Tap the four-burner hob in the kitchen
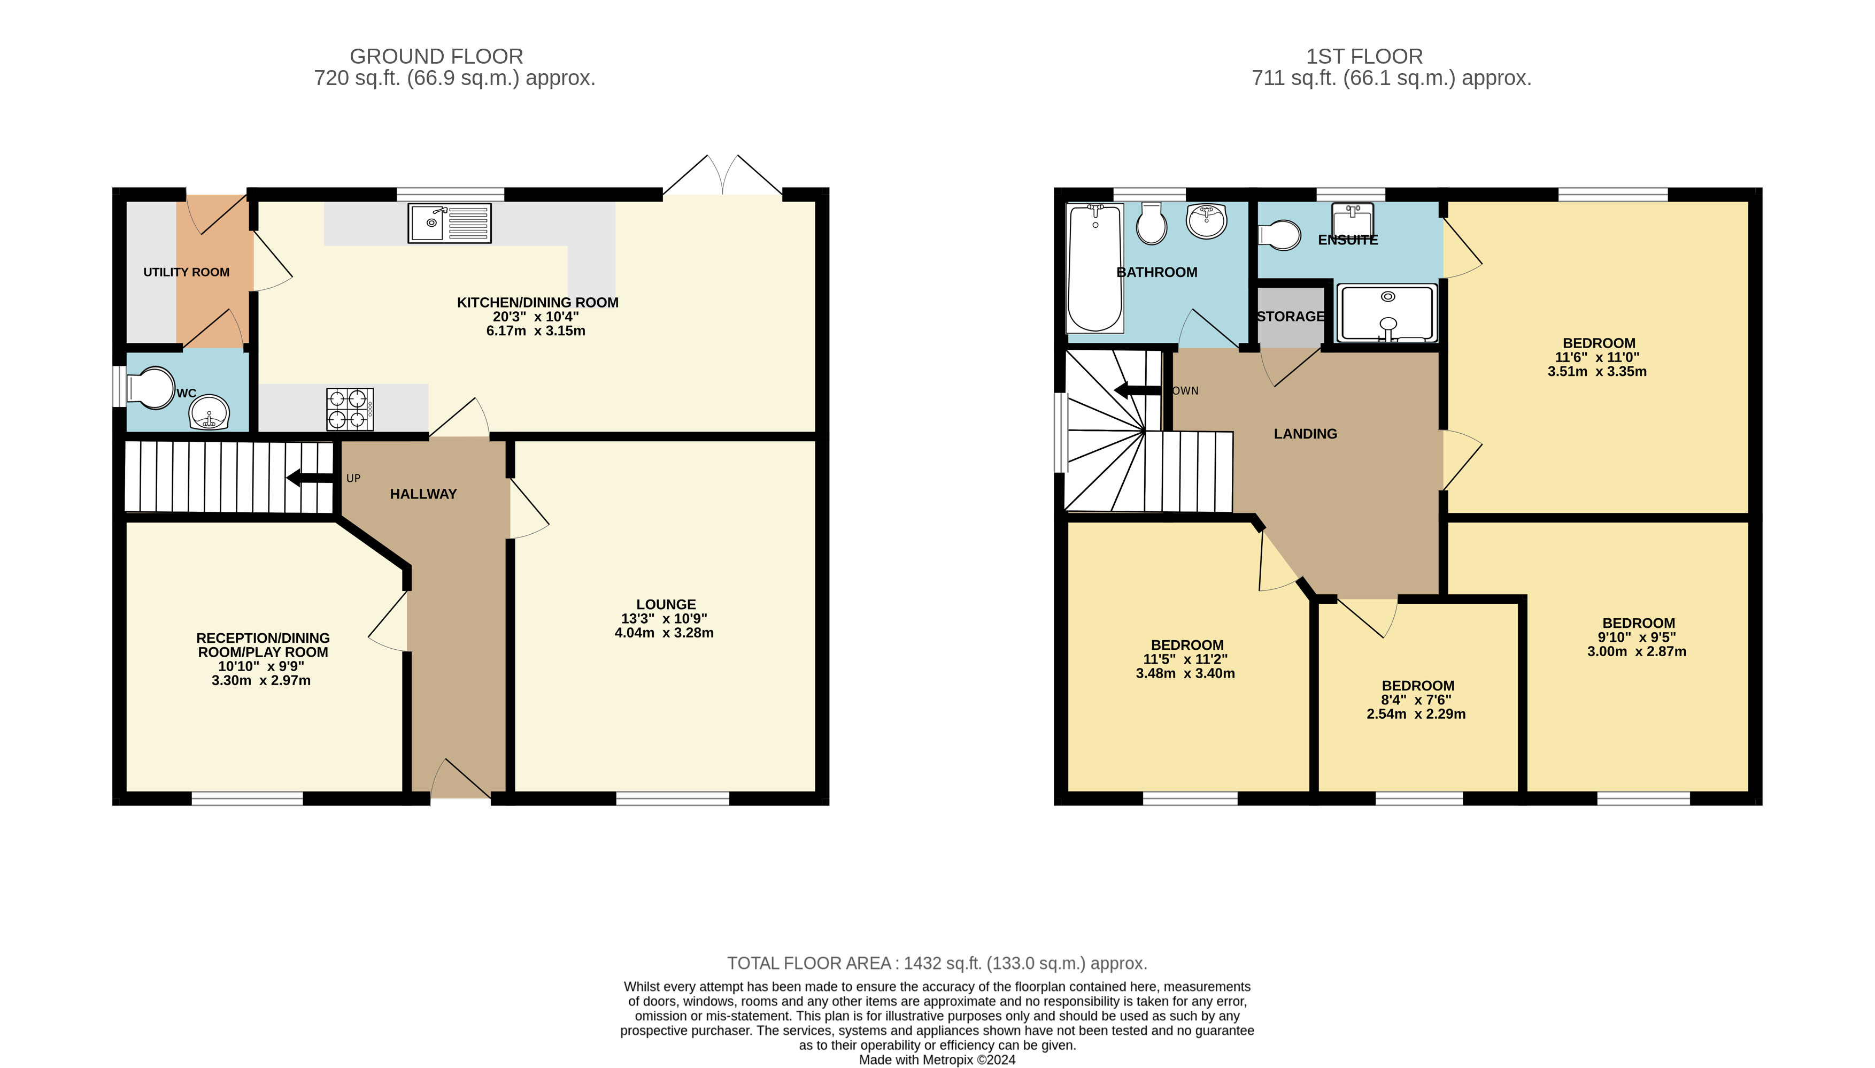pos(350,409)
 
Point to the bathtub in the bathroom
pos(1095,268)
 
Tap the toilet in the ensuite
pos(1279,235)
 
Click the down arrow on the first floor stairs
pos(1137,390)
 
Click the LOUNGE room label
pos(666,604)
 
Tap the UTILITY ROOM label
pos(186,272)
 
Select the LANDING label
pos(1305,434)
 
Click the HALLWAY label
pos(423,494)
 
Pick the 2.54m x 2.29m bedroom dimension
pos(1416,714)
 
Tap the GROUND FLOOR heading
pos(436,57)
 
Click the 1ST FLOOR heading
pos(1364,57)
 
